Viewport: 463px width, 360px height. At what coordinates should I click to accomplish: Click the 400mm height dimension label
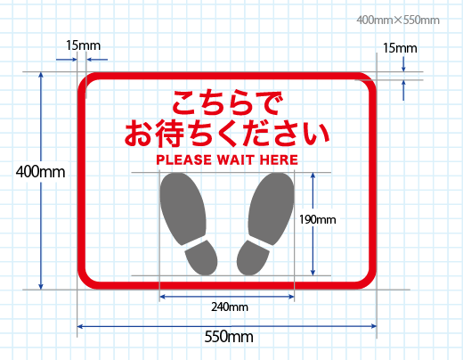(x=40, y=172)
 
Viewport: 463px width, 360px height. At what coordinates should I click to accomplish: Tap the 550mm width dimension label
(x=229, y=337)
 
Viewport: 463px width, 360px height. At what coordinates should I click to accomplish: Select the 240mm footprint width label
(x=230, y=307)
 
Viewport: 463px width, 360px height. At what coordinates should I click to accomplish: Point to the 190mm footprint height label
(x=318, y=219)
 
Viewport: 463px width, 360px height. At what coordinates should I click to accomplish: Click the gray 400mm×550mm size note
(x=398, y=20)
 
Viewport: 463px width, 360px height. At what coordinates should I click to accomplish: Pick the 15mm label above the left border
(x=83, y=45)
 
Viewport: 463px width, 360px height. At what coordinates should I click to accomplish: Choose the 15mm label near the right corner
(x=400, y=48)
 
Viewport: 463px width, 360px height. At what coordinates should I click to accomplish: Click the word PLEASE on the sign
(x=184, y=160)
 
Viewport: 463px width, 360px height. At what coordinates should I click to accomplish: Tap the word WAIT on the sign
(x=236, y=160)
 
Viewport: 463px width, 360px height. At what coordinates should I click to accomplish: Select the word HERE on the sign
(x=279, y=160)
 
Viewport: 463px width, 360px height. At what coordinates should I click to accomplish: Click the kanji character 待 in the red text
(x=169, y=134)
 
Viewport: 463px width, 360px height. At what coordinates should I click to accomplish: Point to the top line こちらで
(x=227, y=102)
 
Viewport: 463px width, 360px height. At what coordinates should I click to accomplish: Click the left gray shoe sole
(x=183, y=209)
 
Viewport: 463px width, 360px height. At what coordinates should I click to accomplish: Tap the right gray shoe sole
(x=272, y=209)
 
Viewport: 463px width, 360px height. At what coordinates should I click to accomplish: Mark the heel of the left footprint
(x=201, y=258)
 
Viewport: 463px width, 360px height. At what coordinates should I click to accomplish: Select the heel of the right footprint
(x=253, y=258)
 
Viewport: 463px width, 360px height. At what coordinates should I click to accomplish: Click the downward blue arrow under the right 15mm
(x=403, y=64)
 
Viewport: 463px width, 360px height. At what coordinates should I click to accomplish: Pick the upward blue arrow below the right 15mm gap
(x=403, y=90)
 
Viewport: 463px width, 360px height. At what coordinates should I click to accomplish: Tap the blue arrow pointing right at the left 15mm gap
(x=67, y=60)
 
